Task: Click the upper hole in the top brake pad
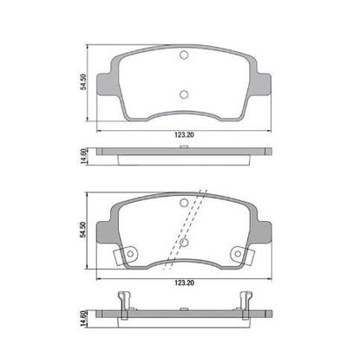[183, 57]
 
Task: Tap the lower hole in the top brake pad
[183, 95]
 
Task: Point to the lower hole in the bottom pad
[183, 244]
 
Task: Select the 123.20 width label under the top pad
[183, 135]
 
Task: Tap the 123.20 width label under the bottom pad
[183, 283]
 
